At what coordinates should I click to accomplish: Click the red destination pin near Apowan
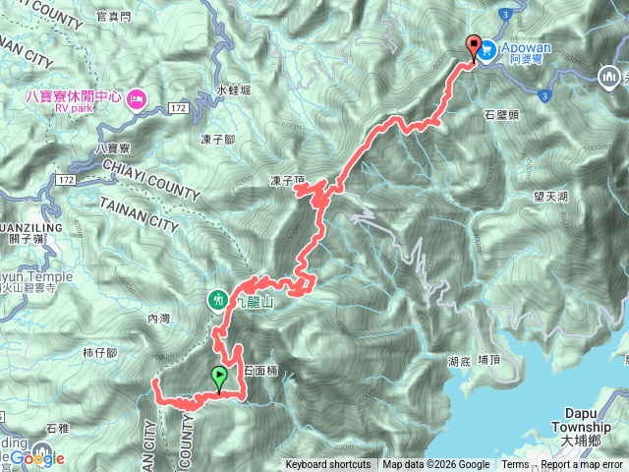click(475, 45)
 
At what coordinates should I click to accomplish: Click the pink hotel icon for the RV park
click(137, 97)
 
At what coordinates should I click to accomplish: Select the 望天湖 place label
click(553, 197)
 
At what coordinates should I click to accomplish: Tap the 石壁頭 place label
click(502, 115)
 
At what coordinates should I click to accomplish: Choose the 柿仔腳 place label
click(100, 351)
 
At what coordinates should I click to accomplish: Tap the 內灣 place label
click(158, 319)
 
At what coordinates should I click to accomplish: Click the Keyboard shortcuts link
click(328, 465)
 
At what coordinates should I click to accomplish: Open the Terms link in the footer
click(515, 465)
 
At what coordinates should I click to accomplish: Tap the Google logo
click(39, 457)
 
